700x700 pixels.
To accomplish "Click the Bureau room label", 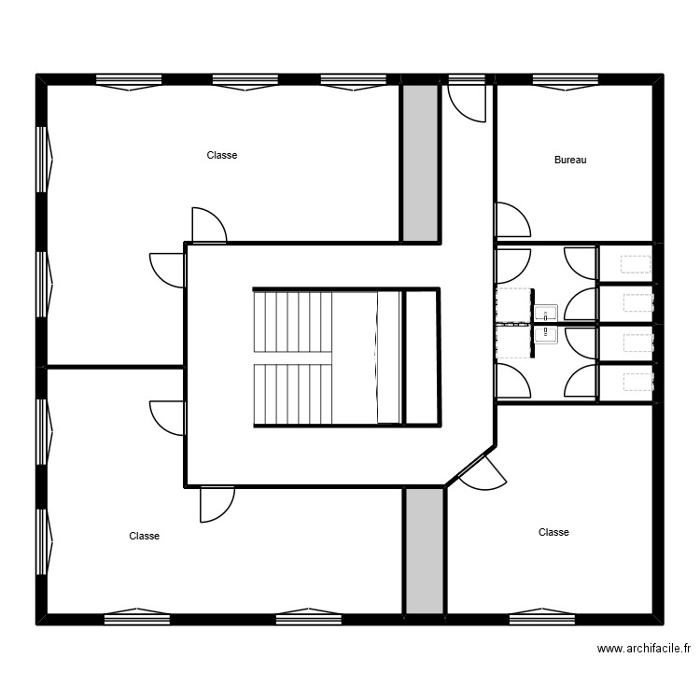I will [x=570, y=161].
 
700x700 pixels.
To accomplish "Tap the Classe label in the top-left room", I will [x=222, y=156].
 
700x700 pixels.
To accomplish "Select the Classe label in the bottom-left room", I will [x=144, y=536].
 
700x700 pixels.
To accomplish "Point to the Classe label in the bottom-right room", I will [x=553, y=532].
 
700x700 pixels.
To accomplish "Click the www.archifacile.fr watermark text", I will [x=643, y=649].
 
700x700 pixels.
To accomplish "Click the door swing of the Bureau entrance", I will [x=511, y=221].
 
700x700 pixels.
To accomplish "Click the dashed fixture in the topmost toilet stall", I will [x=638, y=263].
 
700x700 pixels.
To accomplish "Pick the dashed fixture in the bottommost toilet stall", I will [x=638, y=381].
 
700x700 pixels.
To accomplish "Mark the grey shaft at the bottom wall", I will [x=425, y=550].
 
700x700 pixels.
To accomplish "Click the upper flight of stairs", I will [x=292, y=320].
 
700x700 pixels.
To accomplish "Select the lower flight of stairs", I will [x=292, y=393].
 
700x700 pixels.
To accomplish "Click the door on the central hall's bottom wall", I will [x=217, y=504].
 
